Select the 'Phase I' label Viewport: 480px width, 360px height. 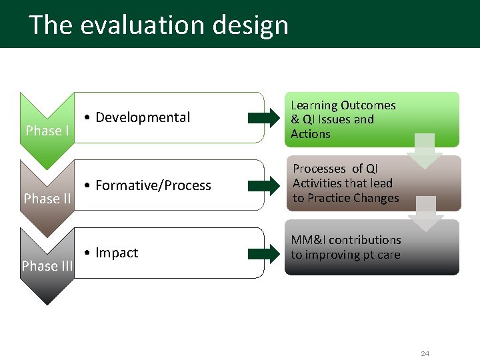tap(47, 131)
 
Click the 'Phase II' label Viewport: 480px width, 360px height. tap(47, 199)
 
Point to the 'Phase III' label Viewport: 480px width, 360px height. tap(47, 266)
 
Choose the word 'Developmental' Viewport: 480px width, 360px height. tap(143, 118)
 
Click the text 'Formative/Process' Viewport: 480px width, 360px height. tap(153, 186)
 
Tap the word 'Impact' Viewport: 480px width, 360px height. tap(117, 253)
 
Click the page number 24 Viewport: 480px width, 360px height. tap(425, 353)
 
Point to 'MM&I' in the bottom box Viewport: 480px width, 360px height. tap(308, 240)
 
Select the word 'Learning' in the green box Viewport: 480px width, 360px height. tap(314, 105)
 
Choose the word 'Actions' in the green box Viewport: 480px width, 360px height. tap(311, 134)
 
